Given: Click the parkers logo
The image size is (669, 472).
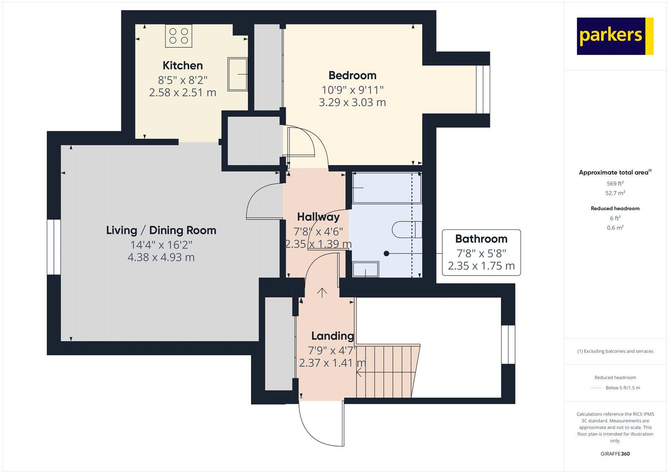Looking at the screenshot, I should coord(615,36).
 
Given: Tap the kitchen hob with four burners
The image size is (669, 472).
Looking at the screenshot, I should coord(179,35).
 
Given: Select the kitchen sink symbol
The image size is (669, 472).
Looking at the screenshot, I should coord(237,74).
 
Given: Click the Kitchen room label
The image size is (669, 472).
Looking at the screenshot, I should coord(183,66).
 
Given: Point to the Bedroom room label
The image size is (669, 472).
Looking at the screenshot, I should coord(352,75).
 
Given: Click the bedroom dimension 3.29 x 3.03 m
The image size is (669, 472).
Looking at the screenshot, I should coord(352,103).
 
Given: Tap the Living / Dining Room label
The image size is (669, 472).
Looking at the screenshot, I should coord(161,230).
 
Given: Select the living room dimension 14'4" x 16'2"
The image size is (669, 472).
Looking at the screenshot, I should coord(161,244).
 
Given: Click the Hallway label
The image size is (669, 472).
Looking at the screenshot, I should coord(318,217).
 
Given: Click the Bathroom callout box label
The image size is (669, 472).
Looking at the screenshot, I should coord(481,239).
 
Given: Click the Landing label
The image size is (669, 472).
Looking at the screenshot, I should coord(332,336).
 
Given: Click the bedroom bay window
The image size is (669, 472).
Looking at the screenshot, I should coord(482,89).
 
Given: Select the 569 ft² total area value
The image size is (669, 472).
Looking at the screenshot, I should coord(615,183).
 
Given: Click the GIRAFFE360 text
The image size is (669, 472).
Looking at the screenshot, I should coord(615,454).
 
